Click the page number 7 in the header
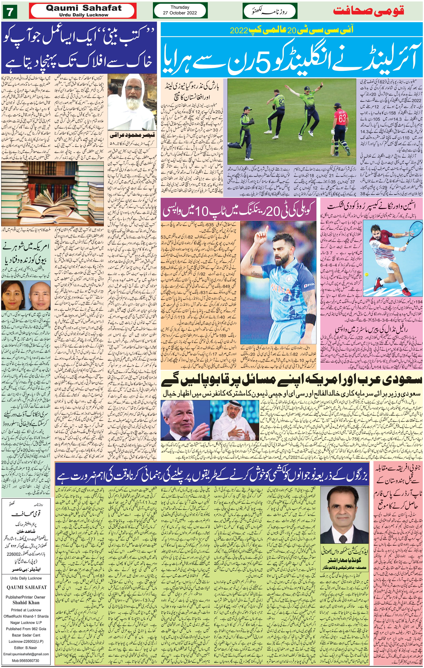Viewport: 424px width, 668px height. [x=10, y=12]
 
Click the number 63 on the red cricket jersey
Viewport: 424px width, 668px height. [x=342, y=118]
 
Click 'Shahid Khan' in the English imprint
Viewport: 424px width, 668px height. [x=26, y=603]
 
